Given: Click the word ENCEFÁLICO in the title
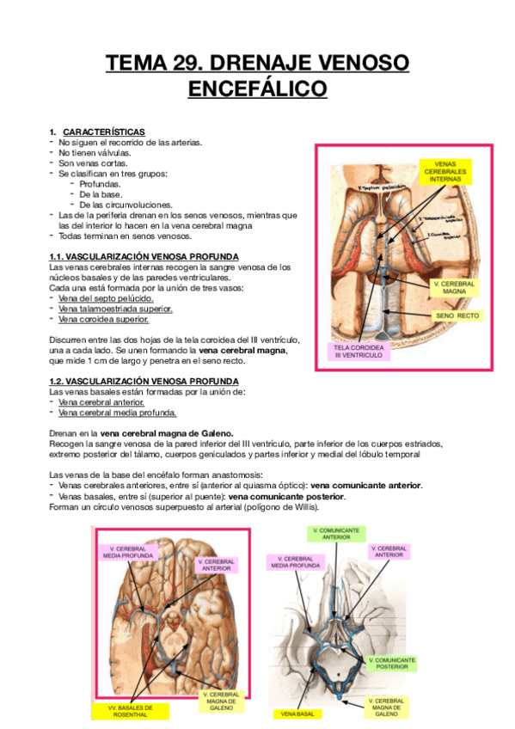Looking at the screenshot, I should [257, 89].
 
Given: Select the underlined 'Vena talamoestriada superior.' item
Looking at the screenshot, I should [116, 309].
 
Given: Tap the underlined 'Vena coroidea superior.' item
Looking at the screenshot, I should [103, 319].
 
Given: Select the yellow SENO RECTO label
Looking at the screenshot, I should [457, 316].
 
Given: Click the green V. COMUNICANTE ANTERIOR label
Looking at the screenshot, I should [336, 534].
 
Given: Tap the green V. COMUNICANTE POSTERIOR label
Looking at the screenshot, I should [391, 664].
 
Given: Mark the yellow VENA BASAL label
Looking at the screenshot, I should [295, 714].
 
